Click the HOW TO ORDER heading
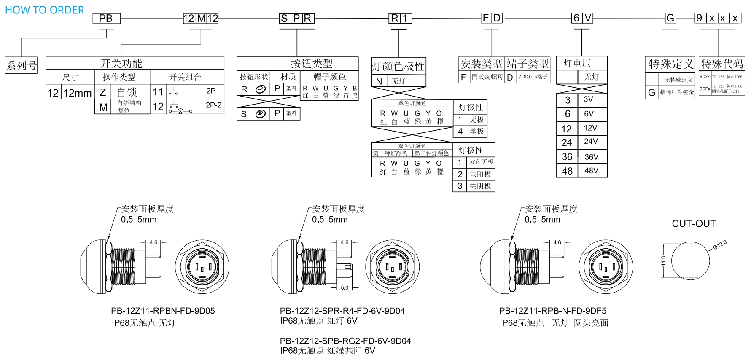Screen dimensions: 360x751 point(45,10)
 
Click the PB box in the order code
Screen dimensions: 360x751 point(106,19)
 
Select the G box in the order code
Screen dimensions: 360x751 point(670,18)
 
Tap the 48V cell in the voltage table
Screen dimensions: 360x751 point(591,171)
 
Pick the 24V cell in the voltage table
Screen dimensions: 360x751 point(591,142)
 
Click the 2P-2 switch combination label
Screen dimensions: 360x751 point(213,105)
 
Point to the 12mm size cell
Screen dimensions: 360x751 point(78,93)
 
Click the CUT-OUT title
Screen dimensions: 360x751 point(694,224)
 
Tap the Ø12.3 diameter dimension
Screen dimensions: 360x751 point(720,245)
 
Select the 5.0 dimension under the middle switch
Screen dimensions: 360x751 point(345,287)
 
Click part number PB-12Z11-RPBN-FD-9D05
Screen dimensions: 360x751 point(163,311)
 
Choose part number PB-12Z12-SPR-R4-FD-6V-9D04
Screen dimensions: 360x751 point(342,311)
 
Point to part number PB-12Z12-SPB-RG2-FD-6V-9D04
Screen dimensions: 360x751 point(345,341)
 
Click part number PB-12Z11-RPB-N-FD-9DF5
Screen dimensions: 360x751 point(552,311)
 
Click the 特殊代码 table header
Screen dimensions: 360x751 point(722,64)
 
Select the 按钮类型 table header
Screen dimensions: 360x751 point(312,64)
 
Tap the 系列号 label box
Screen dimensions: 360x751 point(21,65)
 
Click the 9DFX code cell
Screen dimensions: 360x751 point(705,89)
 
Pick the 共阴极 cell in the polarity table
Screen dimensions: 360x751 point(480,186)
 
